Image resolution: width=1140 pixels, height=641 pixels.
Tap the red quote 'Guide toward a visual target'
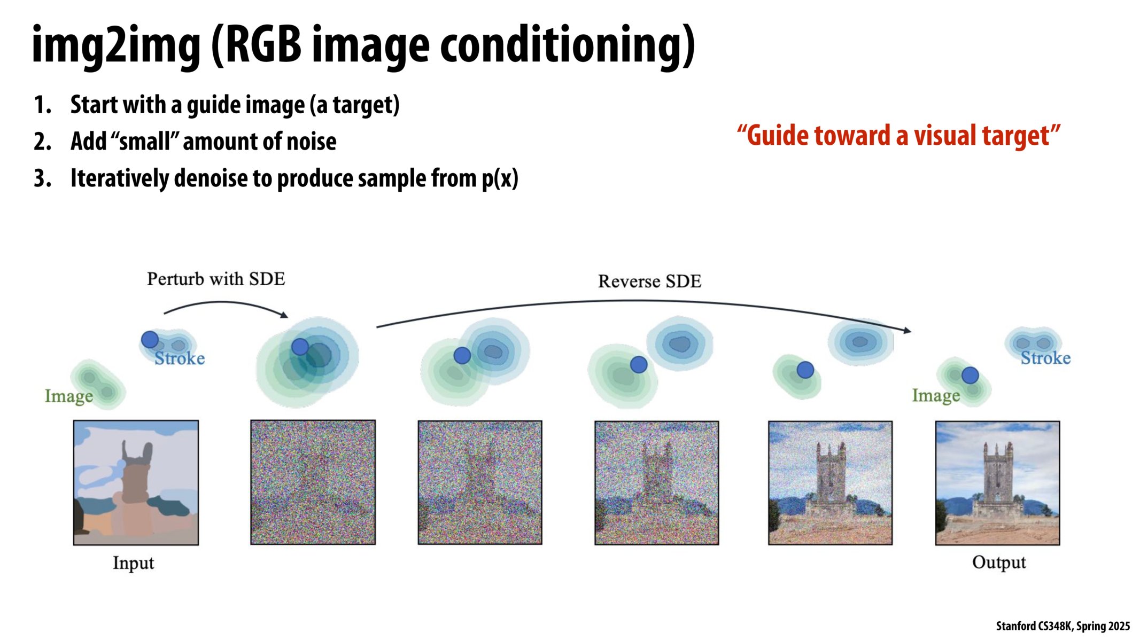898,135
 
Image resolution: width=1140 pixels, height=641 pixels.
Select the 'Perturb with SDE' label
216,279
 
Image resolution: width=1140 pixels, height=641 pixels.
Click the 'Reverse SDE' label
649,282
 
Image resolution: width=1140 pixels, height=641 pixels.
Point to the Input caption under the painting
133,564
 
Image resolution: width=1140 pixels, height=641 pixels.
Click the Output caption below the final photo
999,563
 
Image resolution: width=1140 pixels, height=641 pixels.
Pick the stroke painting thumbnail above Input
136,482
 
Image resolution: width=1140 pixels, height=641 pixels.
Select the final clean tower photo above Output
997,483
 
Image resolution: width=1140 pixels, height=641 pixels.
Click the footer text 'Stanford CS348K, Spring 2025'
1063,626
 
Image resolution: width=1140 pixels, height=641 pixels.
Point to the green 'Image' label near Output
936,395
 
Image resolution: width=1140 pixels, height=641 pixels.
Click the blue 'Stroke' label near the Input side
180,358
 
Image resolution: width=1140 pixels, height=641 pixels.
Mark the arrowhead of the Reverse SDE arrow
908,331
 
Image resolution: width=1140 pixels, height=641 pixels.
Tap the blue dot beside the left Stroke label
150,340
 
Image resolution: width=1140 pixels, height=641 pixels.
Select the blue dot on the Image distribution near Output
970,376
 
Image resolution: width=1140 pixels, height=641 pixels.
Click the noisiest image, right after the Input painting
313,482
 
